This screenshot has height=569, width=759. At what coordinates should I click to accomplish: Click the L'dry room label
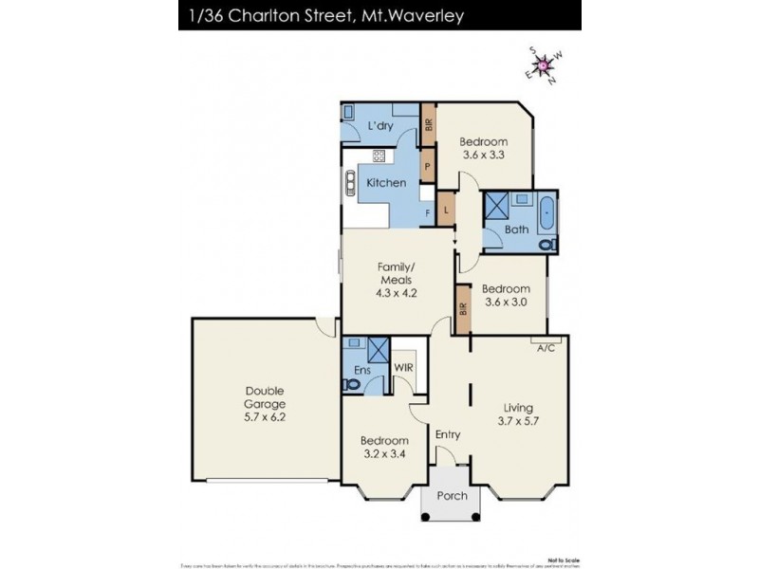pos(380,126)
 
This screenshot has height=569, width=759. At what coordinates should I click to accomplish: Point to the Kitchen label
pos(386,182)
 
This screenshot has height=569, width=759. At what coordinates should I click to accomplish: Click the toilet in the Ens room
pos(353,383)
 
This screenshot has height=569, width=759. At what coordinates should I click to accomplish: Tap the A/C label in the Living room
pos(546,348)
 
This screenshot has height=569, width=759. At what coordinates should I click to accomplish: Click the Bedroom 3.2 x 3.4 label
pos(384,447)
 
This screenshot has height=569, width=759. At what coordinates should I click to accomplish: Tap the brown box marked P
pos(428,166)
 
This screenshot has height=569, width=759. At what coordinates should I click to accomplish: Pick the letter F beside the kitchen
pos(428,213)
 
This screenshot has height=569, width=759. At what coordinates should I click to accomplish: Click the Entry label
pos(448,434)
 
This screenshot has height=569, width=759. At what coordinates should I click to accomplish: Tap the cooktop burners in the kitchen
pos(378,156)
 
